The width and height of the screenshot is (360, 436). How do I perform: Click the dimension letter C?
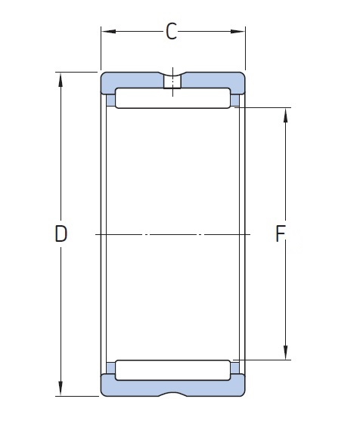pos(171,32)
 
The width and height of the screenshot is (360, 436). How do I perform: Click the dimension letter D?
pos(61,233)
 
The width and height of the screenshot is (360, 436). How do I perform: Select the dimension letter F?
pos(280,233)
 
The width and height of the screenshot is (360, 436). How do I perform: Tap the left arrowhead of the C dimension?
pos(108,32)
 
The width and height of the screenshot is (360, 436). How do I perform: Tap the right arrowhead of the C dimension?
pos(238,32)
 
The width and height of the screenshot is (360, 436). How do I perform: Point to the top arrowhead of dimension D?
pos(61,80)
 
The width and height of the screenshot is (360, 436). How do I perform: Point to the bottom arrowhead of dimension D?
pos(61,388)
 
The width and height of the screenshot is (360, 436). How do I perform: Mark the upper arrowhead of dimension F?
pos(285,115)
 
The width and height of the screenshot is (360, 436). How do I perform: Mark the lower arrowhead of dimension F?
pos(285,352)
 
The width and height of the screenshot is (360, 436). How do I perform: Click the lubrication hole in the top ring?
pos(172,82)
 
